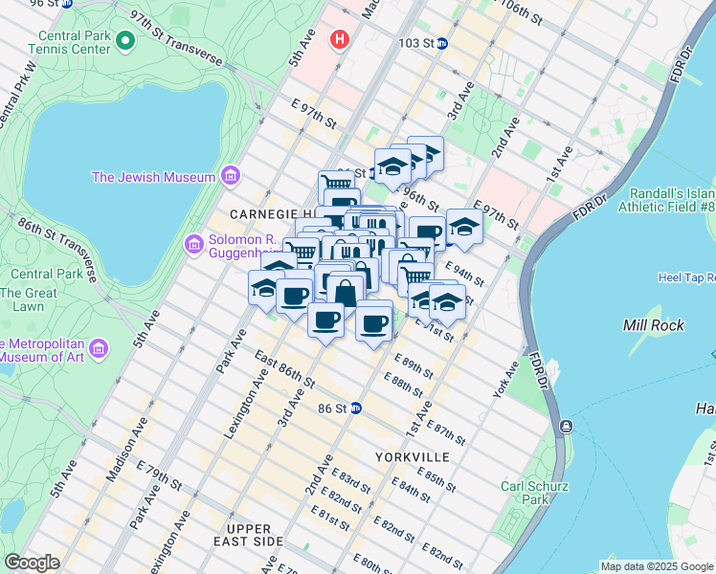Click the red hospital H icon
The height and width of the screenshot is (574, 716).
coord(338,39)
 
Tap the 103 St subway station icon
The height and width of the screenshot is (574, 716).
coord(442,44)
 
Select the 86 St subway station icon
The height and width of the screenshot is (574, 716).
coord(355,408)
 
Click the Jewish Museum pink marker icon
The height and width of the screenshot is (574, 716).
coord(229,176)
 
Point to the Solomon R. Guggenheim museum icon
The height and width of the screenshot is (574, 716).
coord(195,246)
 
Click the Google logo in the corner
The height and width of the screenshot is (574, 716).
coord(31,563)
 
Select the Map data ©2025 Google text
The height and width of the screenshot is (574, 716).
coord(656,566)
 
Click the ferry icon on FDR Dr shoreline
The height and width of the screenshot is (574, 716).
coord(567,426)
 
